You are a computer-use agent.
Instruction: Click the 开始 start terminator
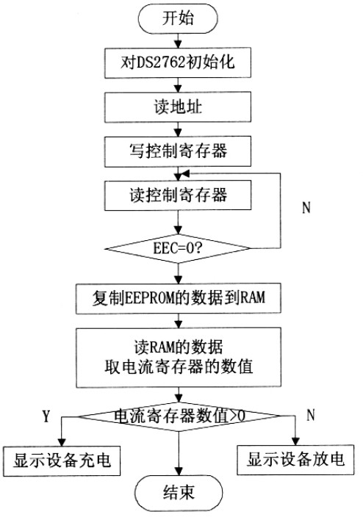(178, 18)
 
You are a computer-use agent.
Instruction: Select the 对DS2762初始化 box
(178, 62)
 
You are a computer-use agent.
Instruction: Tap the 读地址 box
(178, 107)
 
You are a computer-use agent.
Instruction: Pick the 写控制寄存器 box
(178, 151)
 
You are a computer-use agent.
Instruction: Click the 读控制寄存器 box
(178, 195)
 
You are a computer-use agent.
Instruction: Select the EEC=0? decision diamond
(178, 248)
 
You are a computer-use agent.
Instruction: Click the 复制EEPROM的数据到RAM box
(179, 298)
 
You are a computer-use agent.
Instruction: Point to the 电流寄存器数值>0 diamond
(179, 416)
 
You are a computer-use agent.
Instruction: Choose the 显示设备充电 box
(62, 461)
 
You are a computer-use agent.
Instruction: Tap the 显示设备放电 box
(295, 460)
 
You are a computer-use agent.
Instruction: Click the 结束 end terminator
(179, 493)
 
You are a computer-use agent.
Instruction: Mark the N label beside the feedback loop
(306, 207)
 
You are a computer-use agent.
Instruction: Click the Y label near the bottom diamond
(46, 416)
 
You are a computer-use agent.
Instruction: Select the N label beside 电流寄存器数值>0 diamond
(311, 415)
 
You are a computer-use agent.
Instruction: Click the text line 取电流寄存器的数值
(179, 366)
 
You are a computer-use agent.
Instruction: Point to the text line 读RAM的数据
(179, 347)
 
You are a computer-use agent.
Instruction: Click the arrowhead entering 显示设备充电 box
(62, 442)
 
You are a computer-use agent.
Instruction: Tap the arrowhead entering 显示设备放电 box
(295, 441)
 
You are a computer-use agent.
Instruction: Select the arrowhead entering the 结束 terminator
(179, 471)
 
